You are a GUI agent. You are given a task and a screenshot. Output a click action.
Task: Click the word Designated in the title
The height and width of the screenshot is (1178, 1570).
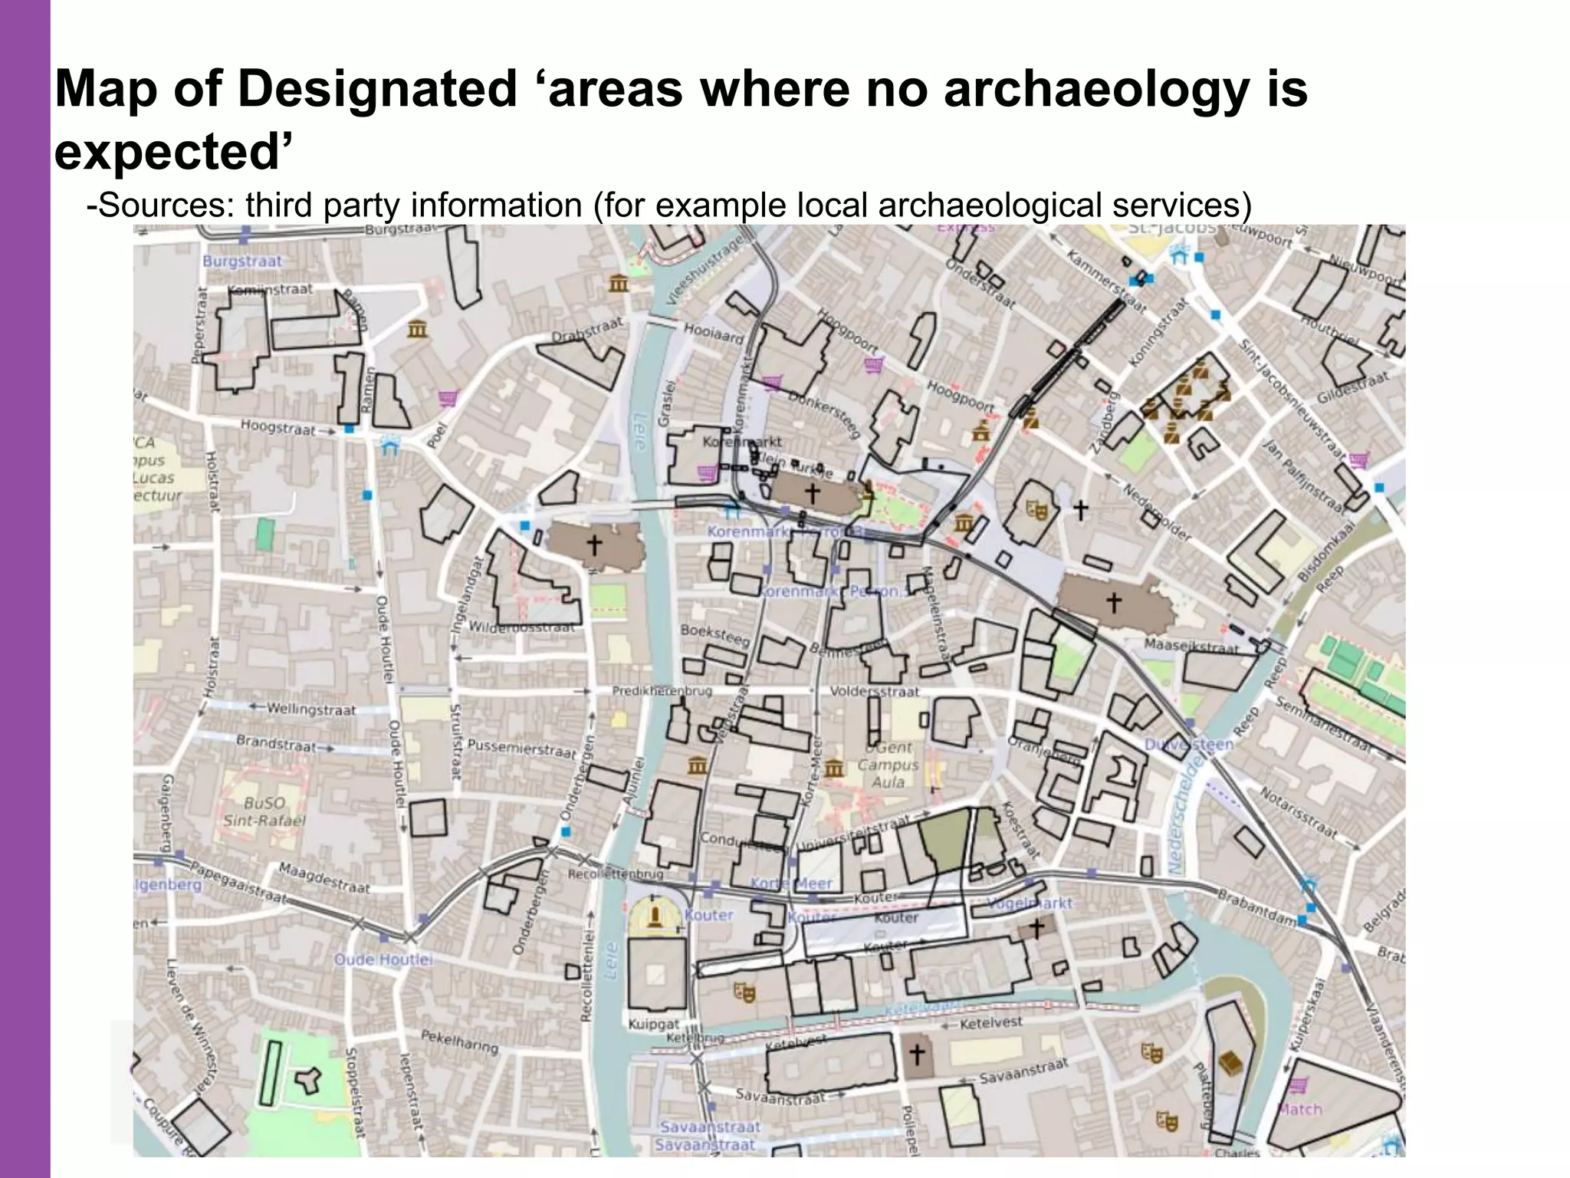click(x=377, y=89)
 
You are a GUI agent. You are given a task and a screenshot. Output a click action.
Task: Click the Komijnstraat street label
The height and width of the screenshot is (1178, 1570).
click(x=271, y=290)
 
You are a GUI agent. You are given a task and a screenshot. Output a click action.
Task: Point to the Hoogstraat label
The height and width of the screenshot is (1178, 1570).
click(x=278, y=427)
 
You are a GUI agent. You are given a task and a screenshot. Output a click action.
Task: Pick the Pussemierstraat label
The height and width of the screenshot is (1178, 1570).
click(x=521, y=748)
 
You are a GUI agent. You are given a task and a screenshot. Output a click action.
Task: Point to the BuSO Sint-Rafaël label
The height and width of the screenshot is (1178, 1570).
click(x=264, y=811)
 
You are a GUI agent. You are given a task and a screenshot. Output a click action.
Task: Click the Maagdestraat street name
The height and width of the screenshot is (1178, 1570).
click(x=324, y=878)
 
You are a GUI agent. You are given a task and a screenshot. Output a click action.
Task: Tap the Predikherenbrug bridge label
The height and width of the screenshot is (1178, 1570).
click(x=662, y=691)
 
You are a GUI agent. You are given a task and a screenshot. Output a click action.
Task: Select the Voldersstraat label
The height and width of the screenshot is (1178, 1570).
click(x=874, y=692)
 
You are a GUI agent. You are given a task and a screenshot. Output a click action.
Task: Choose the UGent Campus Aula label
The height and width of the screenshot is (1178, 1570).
click(x=888, y=765)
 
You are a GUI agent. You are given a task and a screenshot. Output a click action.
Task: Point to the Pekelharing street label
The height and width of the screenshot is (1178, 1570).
click(x=459, y=1041)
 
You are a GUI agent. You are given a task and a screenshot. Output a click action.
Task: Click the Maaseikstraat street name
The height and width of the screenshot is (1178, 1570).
click(x=1191, y=647)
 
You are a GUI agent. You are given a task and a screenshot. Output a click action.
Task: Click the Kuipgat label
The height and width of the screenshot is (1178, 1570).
click(x=653, y=1024)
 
